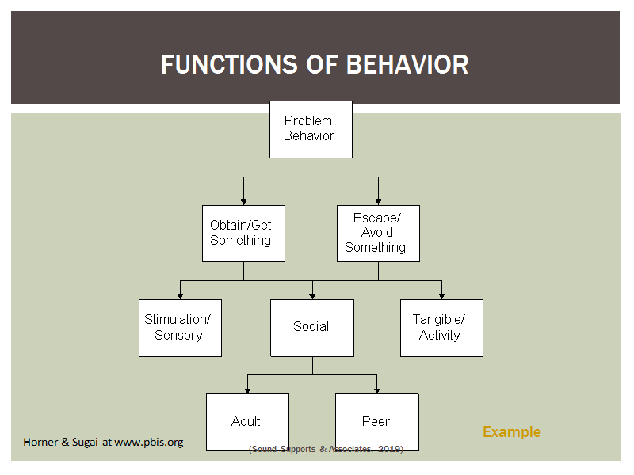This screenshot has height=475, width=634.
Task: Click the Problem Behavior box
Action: (311, 129)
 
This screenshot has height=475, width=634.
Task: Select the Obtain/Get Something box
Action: (243, 234)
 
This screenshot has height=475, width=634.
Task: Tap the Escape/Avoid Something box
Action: (378, 234)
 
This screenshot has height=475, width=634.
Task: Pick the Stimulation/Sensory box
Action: (180, 328)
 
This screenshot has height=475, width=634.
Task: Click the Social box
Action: (312, 328)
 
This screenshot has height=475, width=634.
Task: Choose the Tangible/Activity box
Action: (441, 328)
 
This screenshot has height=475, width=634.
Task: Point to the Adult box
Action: (247, 422)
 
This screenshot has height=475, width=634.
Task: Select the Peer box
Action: (377, 422)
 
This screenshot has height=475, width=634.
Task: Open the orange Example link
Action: (511, 431)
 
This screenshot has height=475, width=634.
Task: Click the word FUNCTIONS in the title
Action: (229, 64)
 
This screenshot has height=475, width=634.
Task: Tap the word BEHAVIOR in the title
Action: (407, 64)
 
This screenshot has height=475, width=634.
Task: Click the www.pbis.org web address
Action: (149, 443)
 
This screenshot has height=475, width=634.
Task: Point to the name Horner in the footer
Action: (40, 442)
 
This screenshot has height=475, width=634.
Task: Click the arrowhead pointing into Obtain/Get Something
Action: (243, 202)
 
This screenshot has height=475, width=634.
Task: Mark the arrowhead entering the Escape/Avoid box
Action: (378, 202)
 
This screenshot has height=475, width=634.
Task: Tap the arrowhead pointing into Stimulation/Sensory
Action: (180, 296)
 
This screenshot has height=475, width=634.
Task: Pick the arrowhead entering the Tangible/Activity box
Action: (441, 296)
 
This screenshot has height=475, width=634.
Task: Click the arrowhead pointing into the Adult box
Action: (247, 390)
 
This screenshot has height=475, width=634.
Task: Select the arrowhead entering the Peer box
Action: (377, 390)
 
